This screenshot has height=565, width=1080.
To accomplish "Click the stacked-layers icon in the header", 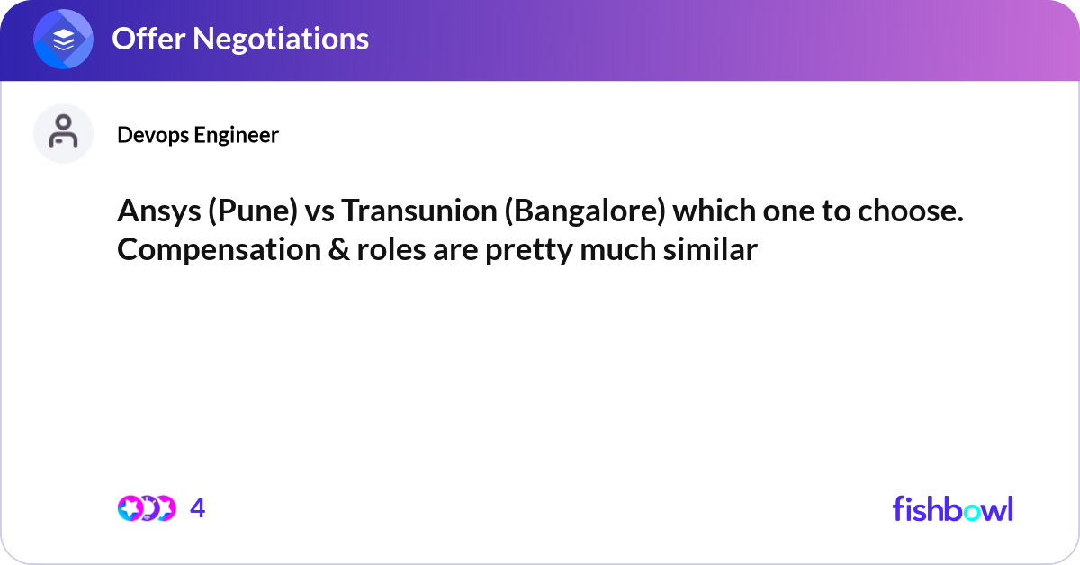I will pyautogui.click(x=64, y=40).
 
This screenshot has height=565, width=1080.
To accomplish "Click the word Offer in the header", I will pyautogui.click(x=144, y=39).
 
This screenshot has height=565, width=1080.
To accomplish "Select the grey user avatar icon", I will pyautogui.click(x=64, y=133).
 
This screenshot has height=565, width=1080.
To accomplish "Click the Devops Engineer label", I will pyautogui.click(x=198, y=135).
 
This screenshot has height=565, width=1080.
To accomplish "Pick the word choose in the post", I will pyautogui.click(x=913, y=212).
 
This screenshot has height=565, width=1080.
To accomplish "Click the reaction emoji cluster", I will pyautogui.click(x=146, y=508).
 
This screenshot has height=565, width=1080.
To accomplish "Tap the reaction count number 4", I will pyautogui.click(x=198, y=508).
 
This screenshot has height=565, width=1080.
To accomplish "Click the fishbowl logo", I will pyautogui.click(x=952, y=508).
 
